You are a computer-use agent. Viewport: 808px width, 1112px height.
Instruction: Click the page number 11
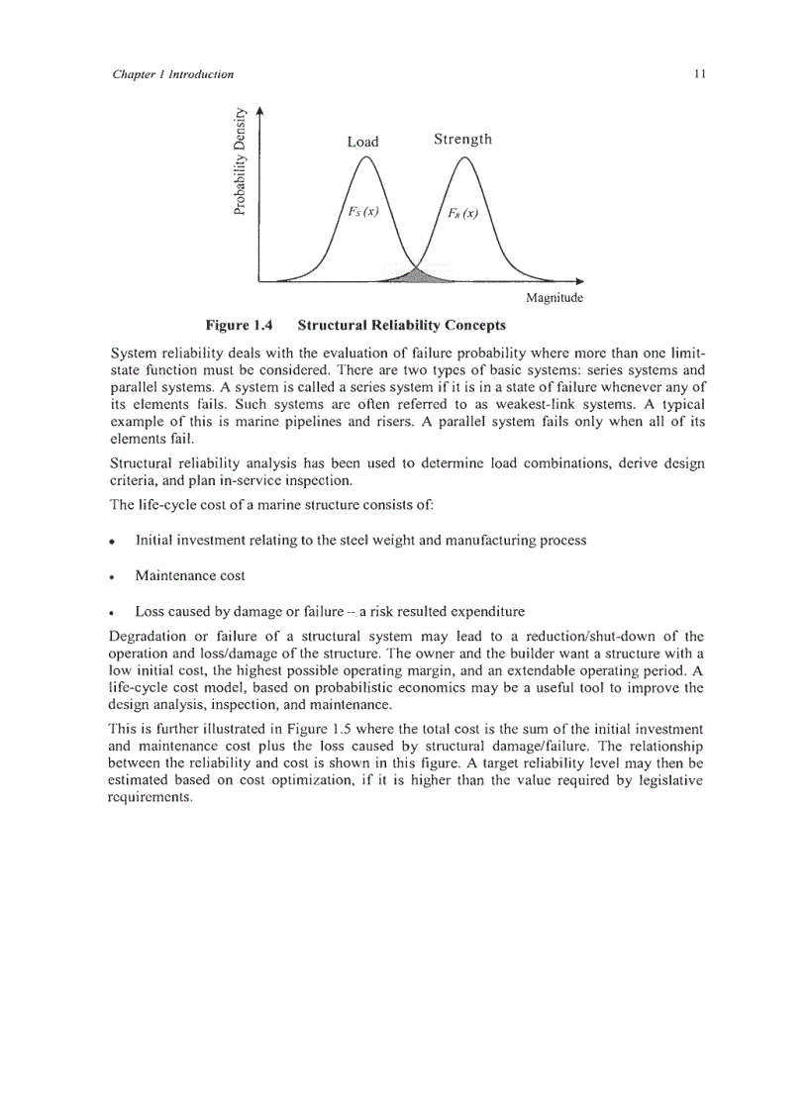698,74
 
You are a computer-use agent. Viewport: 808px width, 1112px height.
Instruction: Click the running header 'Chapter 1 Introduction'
173,74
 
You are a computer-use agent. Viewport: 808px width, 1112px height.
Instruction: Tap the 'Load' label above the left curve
362,142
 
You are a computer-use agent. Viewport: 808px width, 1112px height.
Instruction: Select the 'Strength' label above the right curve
462,140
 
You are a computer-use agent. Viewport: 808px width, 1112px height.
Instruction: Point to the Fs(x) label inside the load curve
359,212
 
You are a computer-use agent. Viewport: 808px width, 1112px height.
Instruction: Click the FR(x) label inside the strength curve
458,215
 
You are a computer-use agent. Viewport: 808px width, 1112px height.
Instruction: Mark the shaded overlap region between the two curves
415,274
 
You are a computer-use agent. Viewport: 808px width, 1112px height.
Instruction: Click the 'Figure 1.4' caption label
238,325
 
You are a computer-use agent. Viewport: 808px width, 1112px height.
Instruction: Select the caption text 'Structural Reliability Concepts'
401,325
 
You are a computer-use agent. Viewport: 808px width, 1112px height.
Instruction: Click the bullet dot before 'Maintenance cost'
115,577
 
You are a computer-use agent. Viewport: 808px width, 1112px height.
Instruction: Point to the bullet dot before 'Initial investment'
115,543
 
